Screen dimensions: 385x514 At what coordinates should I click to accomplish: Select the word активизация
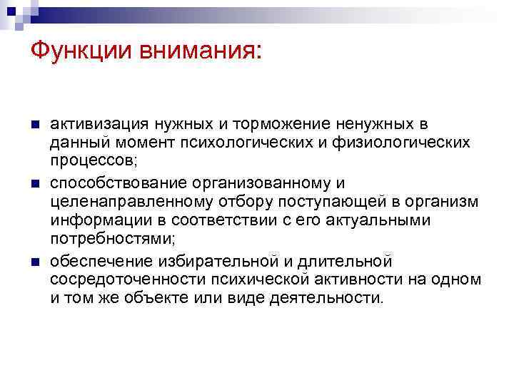click(x=95, y=124)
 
